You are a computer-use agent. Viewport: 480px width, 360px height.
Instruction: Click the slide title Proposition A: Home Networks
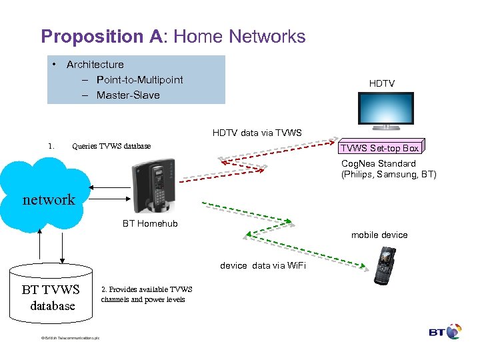pyautogui.click(x=173, y=36)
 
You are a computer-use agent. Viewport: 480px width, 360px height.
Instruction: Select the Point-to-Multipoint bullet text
pyautogui.click(x=139, y=80)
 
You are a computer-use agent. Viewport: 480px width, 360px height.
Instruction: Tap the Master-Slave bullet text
pyautogui.click(x=128, y=95)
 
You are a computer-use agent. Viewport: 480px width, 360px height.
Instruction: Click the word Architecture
pyautogui.click(x=95, y=65)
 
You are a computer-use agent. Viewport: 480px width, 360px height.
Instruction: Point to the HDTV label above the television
pyautogui.click(x=382, y=83)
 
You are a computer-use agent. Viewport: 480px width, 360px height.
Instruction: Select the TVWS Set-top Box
pyautogui.click(x=381, y=148)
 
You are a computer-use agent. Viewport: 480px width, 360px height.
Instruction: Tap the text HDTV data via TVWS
pyautogui.click(x=257, y=133)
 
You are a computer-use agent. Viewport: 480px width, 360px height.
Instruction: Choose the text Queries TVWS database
pyautogui.click(x=111, y=146)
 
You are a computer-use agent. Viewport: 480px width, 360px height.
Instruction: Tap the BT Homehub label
pyautogui.click(x=150, y=224)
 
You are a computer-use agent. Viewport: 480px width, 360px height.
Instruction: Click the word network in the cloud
pyautogui.click(x=49, y=199)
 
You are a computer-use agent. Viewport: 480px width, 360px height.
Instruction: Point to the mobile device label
pyautogui.click(x=379, y=235)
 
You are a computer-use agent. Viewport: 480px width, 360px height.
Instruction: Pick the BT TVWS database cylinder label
pyautogui.click(x=51, y=297)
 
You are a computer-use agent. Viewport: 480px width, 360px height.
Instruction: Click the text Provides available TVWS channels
pyautogui.click(x=146, y=294)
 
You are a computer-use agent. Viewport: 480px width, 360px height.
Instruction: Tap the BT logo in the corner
pyautogui.click(x=445, y=332)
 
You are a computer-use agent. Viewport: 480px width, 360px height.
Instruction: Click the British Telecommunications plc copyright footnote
pyautogui.click(x=69, y=338)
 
